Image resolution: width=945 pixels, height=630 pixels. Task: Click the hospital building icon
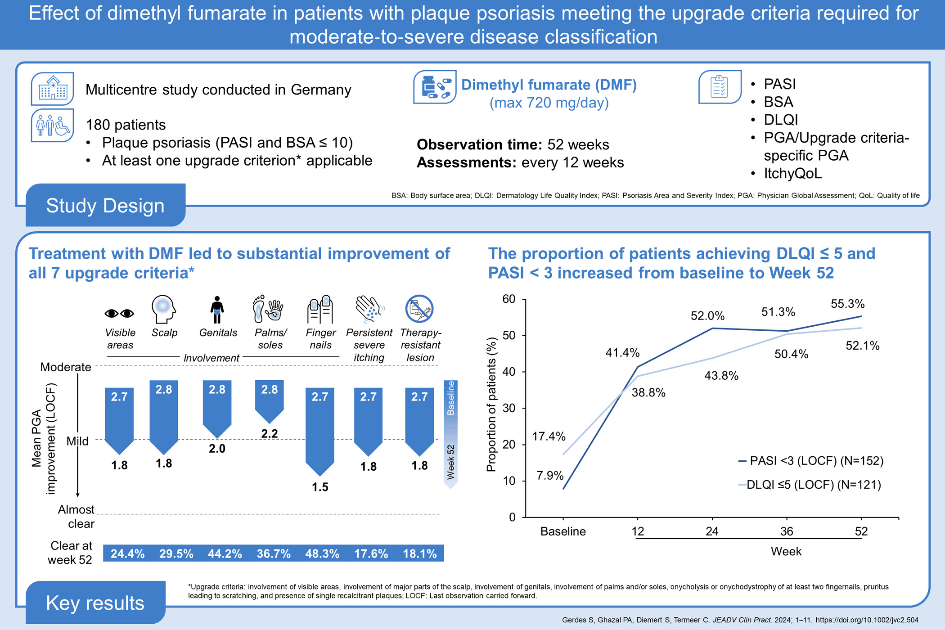coord(53,89)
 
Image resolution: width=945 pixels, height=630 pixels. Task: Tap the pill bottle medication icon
coord(434,87)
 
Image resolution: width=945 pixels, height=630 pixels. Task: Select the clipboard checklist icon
coord(719,87)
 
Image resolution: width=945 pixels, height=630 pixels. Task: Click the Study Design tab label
coord(105,206)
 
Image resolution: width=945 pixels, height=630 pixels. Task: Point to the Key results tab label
coord(95,603)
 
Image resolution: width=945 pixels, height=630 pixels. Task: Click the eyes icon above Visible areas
coord(119,313)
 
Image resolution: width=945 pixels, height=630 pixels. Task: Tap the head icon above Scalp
coord(163,309)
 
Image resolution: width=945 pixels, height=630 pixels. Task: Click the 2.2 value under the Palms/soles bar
coord(270,433)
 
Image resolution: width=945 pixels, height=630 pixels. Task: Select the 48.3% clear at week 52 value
coord(322,553)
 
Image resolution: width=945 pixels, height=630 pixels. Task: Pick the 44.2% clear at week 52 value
coord(225,553)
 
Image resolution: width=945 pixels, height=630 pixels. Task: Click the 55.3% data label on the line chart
coord(847,304)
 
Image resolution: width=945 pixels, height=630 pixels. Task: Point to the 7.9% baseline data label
coord(550,475)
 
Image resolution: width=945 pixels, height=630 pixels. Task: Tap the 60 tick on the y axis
coord(509,299)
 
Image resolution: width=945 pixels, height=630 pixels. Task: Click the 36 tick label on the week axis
coord(786,531)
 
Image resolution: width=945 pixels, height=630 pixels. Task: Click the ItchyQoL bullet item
coord(792,173)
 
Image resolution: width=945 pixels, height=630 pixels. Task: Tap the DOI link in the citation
coord(867,620)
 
